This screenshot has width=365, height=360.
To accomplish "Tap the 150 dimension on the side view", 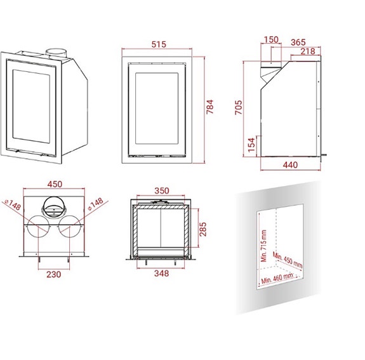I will click(271, 40).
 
